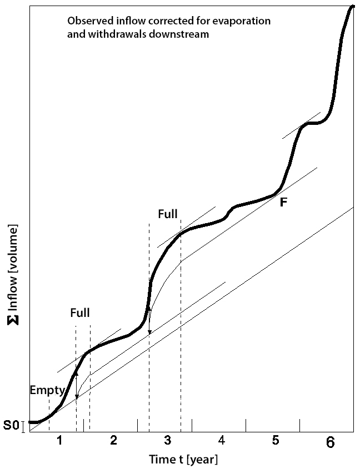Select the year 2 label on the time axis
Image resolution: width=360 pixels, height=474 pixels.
[113, 441]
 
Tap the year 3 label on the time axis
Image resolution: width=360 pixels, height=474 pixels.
[168, 441]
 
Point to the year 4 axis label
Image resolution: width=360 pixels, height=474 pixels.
[222, 441]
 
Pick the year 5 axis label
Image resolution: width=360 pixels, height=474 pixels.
[276, 441]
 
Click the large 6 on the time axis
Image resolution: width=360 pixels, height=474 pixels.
[330, 443]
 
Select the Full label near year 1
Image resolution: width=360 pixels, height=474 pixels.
[80, 312]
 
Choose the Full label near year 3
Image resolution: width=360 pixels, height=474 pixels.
[168, 213]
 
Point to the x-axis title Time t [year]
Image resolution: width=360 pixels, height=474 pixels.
[183, 460]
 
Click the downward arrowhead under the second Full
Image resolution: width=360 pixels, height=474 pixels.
[149, 332]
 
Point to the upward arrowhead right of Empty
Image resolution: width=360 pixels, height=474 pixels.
[77, 375]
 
